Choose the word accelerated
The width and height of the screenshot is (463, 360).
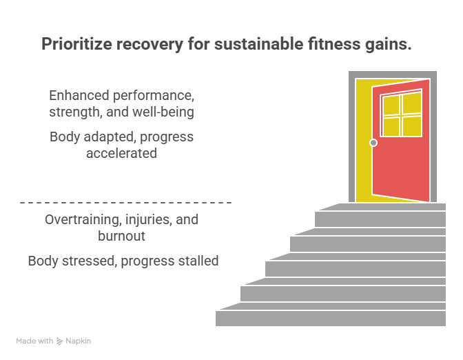[122, 152]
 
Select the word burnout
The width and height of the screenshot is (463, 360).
[122, 236]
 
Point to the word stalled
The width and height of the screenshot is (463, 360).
[197, 261]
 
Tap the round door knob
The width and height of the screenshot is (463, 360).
[373, 143]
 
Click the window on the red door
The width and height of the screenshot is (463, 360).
[402, 114]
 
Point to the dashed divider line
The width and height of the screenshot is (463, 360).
[125, 203]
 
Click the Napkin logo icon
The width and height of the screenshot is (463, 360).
[60, 341]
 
